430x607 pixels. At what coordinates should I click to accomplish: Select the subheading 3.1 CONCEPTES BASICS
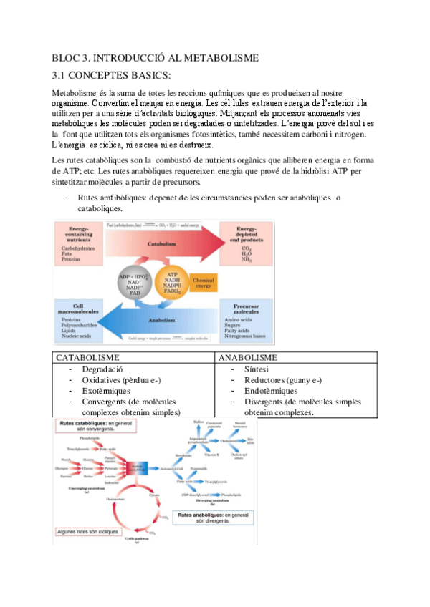click(x=113, y=74)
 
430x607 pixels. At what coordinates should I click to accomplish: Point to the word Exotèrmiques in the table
click(x=107, y=391)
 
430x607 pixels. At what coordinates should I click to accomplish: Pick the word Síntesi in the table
click(x=256, y=368)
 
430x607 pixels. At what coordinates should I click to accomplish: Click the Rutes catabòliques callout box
click(x=93, y=427)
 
